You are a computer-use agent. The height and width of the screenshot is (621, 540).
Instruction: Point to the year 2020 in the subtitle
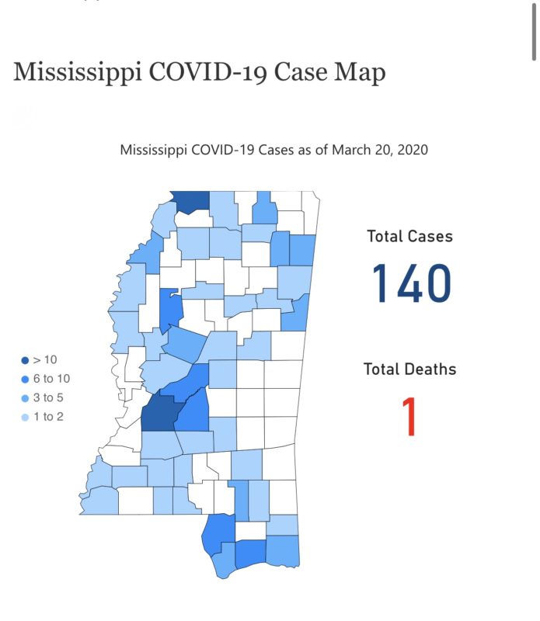coord(411,149)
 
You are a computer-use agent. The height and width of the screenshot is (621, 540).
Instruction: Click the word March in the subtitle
coord(350,149)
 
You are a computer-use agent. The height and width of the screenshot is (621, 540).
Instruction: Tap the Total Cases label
coord(409,236)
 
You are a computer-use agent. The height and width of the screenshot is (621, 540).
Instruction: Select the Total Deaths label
coord(409,369)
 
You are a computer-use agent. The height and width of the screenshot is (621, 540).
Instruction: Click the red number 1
coord(409,417)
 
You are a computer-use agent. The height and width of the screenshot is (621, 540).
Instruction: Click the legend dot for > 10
coord(26,360)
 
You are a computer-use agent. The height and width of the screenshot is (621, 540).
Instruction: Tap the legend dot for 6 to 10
coord(26,379)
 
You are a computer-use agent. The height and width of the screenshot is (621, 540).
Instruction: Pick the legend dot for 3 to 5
coord(26,397)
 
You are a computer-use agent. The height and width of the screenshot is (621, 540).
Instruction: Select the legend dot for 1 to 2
coord(26,416)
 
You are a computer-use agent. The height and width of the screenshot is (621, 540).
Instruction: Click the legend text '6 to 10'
coord(52,379)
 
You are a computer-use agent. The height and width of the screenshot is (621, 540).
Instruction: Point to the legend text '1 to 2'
coord(48,416)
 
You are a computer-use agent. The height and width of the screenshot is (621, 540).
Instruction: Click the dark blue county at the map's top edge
coord(191,201)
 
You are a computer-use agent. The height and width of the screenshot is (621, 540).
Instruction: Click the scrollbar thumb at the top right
coord(534,31)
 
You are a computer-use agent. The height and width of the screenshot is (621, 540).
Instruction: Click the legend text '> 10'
coord(45,360)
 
